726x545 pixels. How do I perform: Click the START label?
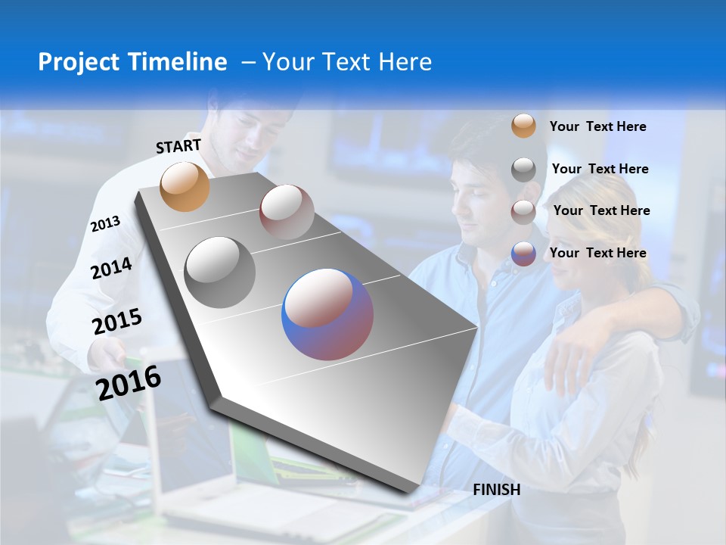(x=178, y=146)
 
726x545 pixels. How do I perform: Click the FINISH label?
(x=496, y=490)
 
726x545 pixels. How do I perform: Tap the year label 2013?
(x=105, y=224)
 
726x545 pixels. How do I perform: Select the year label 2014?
(x=111, y=268)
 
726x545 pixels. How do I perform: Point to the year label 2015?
(x=116, y=321)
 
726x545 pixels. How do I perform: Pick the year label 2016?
(x=129, y=382)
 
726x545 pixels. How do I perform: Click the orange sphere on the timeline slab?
(x=185, y=186)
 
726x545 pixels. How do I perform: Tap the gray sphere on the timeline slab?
(x=220, y=272)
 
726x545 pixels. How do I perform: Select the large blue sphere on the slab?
(x=327, y=314)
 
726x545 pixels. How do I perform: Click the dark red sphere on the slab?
(x=287, y=212)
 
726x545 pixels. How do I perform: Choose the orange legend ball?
(x=523, y=126)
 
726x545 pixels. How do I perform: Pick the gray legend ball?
(x=523, y=170)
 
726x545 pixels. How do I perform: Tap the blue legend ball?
(x=523, y=254)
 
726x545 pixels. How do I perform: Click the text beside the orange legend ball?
(x=597, y=126)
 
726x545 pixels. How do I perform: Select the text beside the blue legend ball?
(x=597, y=253)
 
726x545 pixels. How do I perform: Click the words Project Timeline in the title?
(x=132, y=62)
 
